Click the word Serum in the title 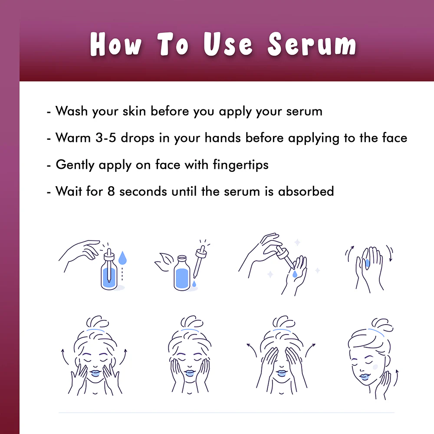(x=312, y=44)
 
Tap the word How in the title (x=116, y=44)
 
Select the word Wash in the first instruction (x=72, y=111)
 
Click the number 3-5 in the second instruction (x=106, y=138)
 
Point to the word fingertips (x=240, y=165)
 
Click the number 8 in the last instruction (x=111, y=191)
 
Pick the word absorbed (x=306, y=191)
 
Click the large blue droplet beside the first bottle (x=122, y=257)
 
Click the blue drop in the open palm (x=295, y=274)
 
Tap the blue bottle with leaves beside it (x=182, y=273)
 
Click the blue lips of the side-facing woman (x=364, y=377)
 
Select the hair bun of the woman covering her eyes (x=283, y=322)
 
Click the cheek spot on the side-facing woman (x=375, y=367)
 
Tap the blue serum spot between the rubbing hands (x=367, y=263)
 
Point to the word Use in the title (x=228, y=44)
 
